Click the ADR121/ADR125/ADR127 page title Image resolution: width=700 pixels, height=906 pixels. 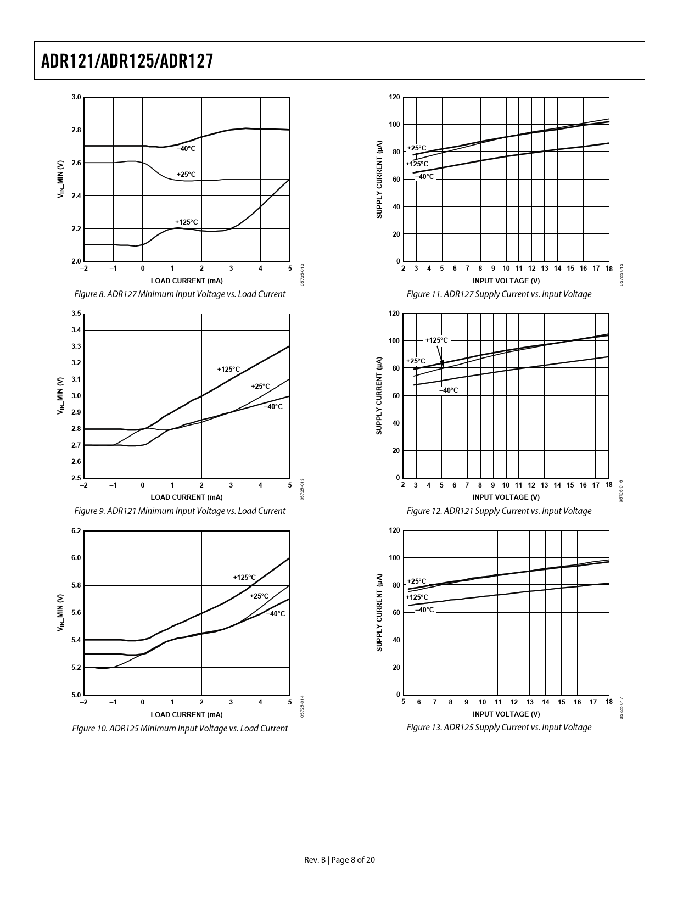click(127, 61)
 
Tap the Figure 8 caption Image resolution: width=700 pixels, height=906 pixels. click(180, 294)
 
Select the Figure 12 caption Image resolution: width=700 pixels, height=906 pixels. click(499, 511)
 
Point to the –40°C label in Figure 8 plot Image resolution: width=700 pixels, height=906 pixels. click(186, 149)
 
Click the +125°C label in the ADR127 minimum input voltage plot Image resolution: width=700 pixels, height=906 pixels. click(186, 222)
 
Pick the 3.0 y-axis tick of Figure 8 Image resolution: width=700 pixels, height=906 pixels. click(76, 97)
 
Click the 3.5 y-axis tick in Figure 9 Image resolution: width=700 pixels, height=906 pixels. click(76, 314)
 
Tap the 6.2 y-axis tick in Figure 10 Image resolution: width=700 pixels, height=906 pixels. click(76, 530)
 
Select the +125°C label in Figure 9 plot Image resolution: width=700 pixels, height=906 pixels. click(228, 370)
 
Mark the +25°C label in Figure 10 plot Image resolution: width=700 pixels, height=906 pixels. click(259, 596)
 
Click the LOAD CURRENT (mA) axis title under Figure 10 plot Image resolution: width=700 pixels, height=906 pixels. click(187, 714)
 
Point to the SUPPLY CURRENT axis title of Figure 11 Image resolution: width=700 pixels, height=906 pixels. click(379, 180)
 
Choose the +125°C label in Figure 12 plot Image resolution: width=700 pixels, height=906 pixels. click(436, 340)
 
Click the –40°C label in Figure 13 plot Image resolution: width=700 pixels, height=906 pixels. click(424, 609)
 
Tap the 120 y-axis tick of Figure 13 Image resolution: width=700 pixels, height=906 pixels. click(394, 530)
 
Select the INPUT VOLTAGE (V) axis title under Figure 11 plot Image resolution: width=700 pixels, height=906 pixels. click(506, 281)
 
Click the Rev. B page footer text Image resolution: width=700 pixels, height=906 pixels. click(339, 860)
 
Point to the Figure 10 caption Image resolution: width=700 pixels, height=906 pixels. click(180, 729)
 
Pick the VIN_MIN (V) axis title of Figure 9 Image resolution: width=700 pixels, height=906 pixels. click(61, 395)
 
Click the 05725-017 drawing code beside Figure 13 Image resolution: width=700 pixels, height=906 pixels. click(621, 708)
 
